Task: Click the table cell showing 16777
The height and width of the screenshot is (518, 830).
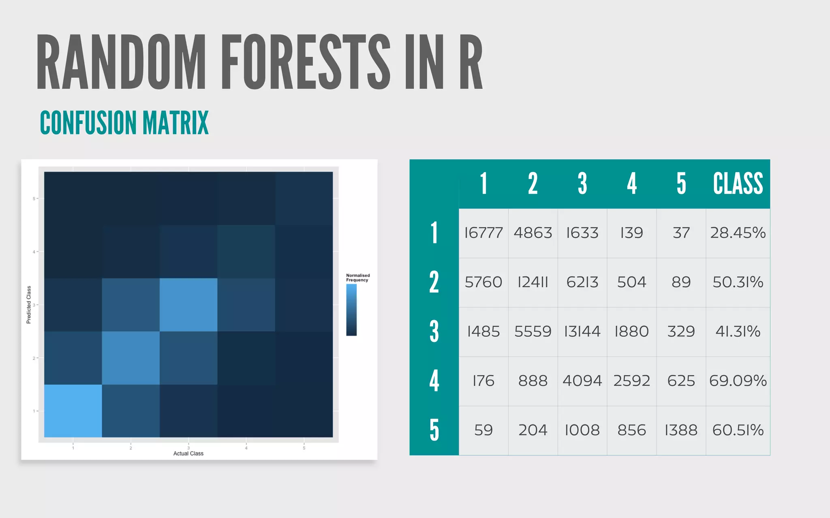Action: (x=483, y=233)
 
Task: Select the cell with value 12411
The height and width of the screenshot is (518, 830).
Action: (x=533, y=282)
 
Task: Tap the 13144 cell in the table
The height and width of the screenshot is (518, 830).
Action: (x=582, y=331)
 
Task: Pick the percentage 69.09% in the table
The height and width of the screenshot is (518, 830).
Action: (x=738, y=381)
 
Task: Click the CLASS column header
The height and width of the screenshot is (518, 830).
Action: (x=738, y=184)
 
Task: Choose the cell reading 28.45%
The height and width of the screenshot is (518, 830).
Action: (x=738, y=233)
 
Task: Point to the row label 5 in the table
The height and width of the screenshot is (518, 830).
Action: (x=434, y=430)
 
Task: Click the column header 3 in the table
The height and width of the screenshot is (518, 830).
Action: (x=582, y=184)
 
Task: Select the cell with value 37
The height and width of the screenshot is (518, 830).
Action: (x=681, y=233)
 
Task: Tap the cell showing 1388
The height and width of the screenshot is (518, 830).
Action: (x=681, y=430)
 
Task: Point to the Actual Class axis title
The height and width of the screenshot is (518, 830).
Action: (x=188, y=453)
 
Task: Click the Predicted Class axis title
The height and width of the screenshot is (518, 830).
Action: (x=29, y=305)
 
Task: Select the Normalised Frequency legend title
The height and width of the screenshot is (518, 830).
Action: (x=357, y=278)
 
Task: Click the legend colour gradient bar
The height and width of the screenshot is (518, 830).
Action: (x=351, y=310)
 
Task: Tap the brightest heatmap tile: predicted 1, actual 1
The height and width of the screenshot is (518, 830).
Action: (x=73, y=411)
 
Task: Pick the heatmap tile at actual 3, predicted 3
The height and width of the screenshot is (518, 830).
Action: (x=188, y=305)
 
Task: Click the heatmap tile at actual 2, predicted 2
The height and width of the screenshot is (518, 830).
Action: (x=130, y=358)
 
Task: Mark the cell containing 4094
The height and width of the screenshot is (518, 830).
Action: (x=582, y=381)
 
